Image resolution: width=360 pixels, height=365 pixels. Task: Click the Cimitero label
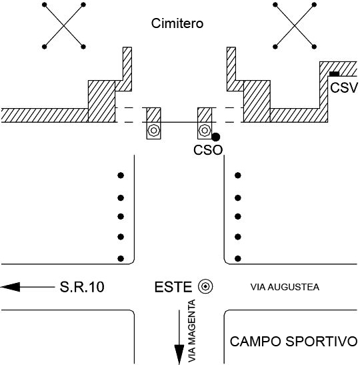(x=177, y=23)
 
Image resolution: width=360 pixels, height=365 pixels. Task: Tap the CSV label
(x=343, y=88)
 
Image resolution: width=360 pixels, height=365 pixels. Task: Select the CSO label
(x=208, y=150)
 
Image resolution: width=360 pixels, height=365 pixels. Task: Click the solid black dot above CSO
(x=216, y=137)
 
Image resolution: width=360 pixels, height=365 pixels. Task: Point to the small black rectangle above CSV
(x=334, y=74)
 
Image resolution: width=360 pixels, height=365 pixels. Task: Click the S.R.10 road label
(x=82, y=287)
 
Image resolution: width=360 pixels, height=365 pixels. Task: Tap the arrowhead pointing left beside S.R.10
(x=11, y=287)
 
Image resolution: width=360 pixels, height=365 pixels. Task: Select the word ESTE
(x=173, y=287)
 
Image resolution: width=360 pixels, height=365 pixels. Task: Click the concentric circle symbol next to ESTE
(x=205, y=286)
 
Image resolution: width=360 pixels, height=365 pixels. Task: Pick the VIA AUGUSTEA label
(x=285, y=287)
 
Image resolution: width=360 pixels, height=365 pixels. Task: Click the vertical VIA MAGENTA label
(x=191, y=331)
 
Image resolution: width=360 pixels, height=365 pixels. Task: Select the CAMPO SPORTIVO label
(x=293, y=341)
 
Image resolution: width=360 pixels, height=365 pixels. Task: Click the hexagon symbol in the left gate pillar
(x=153, y=131)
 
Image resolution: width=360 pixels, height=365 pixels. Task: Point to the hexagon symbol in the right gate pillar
(x=205, y=131)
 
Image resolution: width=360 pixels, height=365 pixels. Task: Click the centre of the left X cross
(x=64, y=25)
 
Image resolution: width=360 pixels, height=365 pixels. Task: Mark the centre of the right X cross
(x=295, y=25)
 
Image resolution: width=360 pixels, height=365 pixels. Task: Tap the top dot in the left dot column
(x=121, y=175)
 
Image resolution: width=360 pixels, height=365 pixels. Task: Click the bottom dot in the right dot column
(x=238, y=258)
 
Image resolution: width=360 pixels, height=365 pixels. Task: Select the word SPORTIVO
(x=321, y=341)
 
